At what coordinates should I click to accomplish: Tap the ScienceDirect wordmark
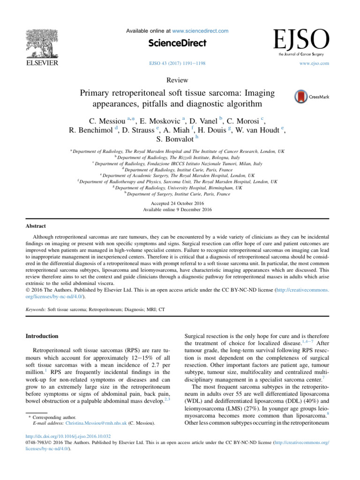(x=177, y=43)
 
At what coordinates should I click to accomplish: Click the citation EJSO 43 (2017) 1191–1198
(x=177, y=63)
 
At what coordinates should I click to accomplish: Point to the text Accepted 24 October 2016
(x=177, y=203)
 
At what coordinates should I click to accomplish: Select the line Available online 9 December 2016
(x=177, y=210)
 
